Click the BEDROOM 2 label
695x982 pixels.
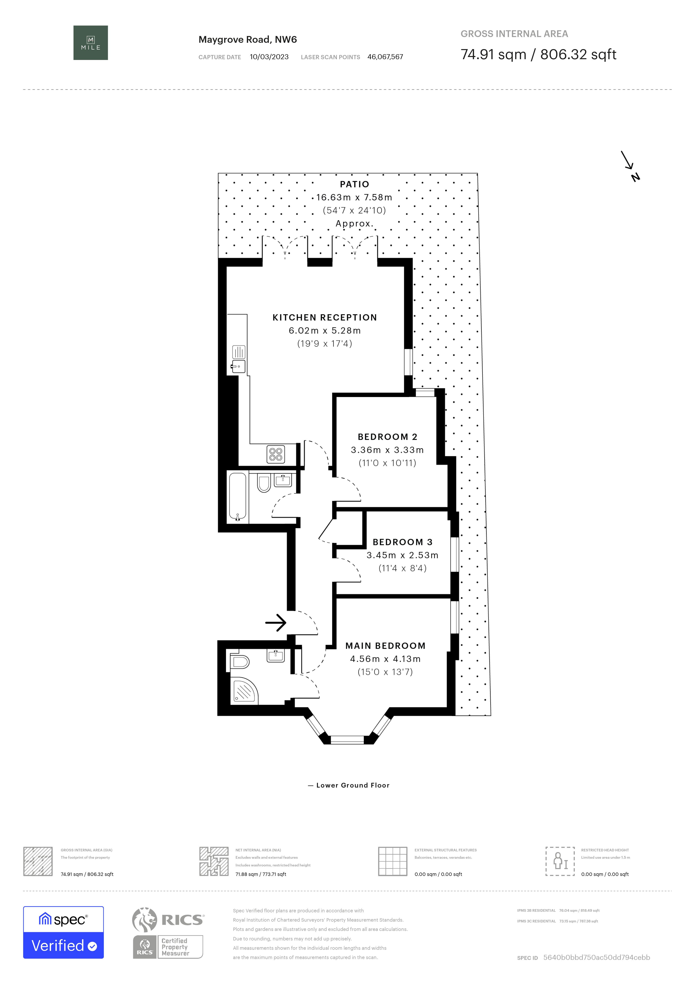pyautogui.click(x=387, y=437)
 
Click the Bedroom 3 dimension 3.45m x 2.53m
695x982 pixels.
pyautogui.click(x=402, y=555)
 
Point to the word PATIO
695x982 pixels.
pyautogui.click(x=354, y=184)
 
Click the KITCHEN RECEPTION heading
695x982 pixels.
pyautogui.click(x=325, y=317)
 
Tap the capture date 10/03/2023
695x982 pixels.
pyautogui.click(x=269, y=57)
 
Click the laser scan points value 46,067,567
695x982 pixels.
pyautogui.click(x=385, y=57)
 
